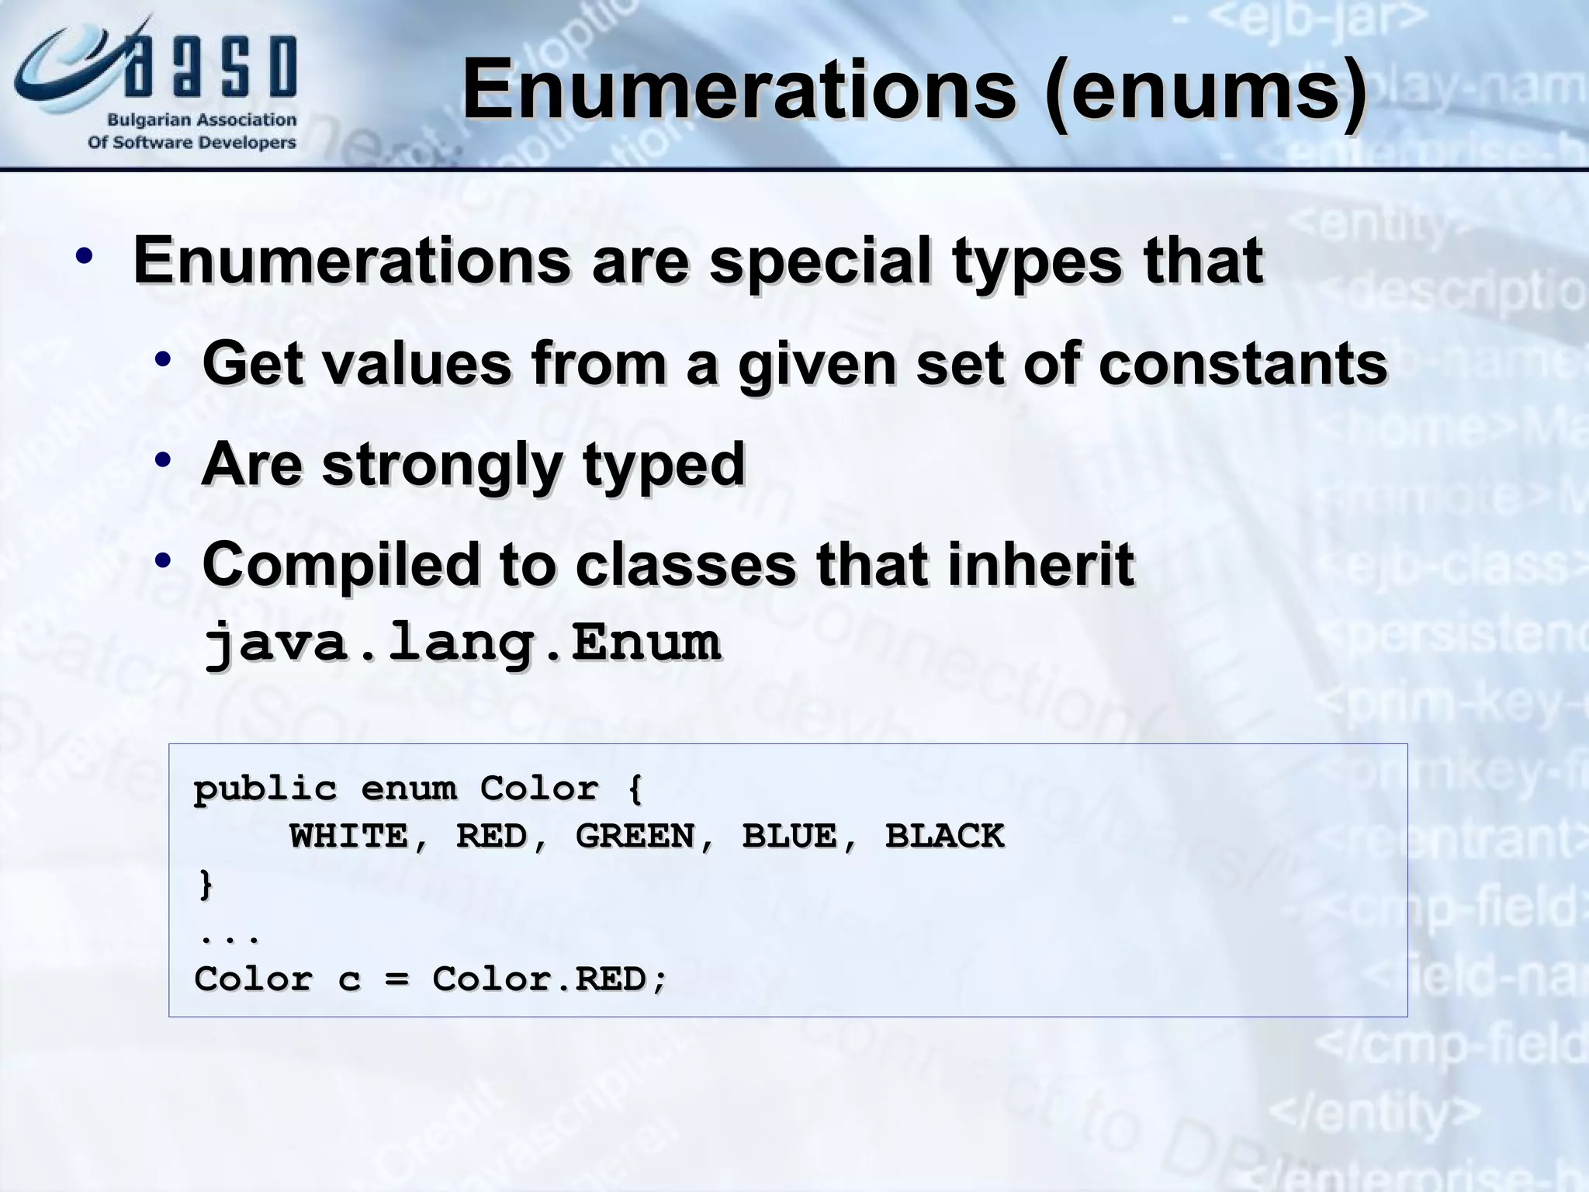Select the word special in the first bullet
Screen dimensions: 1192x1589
820,261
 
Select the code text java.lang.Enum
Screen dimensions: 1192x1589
462,643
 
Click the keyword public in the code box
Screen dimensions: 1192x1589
265,789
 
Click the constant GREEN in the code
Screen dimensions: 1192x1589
635,837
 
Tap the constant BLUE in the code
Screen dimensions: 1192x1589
790,837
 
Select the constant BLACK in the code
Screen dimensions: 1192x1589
944,837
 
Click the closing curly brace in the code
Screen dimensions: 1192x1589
205,884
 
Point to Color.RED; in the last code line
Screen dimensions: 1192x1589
549,979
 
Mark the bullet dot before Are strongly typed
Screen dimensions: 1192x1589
162,460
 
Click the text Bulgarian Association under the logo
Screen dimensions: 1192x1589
202,120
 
